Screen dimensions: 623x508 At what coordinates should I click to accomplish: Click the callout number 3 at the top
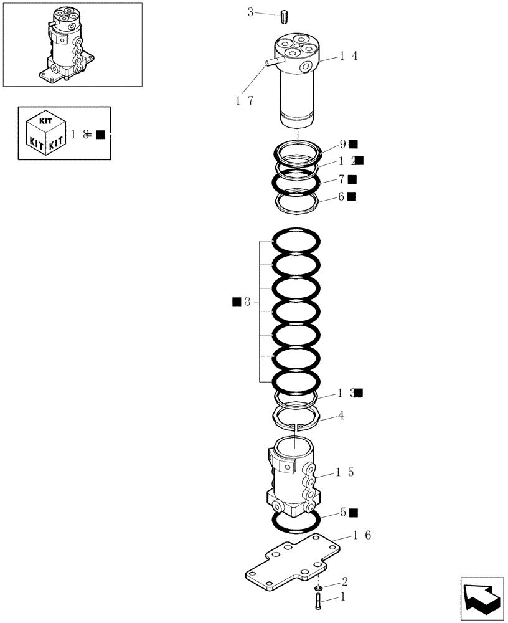[x=250, y=12]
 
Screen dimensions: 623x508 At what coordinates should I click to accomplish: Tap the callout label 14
[x=349, y=55]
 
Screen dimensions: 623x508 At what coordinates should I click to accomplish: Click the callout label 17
[x=244, y=100]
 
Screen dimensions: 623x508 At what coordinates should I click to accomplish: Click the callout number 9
[x=342, y=144]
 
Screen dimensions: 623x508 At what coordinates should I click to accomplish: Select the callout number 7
[x=342, y=179]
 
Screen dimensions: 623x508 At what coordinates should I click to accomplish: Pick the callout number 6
[x=342, y=196]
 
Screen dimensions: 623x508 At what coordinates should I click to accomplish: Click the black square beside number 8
[x=237, y=302]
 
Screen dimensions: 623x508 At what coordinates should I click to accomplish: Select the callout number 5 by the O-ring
[x=343, y=513]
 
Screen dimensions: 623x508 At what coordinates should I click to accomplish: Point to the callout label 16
[x=362, y=535]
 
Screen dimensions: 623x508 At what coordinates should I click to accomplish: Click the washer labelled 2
[x=319, y=587]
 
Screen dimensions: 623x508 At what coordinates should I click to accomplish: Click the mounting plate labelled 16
[x=293, y=564]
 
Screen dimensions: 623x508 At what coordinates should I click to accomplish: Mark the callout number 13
[x=346, y=393]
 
